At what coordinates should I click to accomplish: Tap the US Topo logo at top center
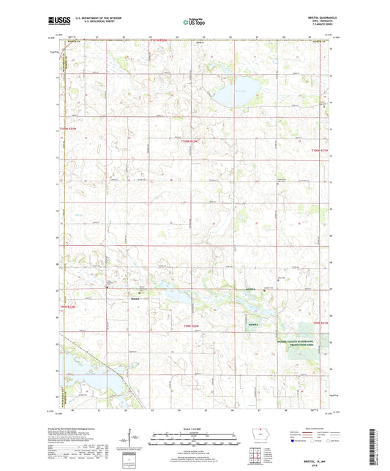tap(195, 22)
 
